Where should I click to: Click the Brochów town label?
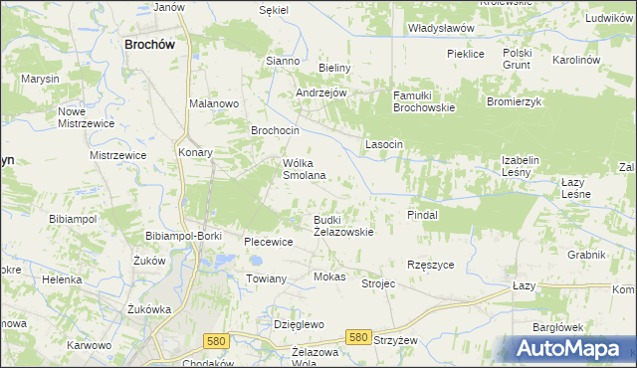tap(149, 44)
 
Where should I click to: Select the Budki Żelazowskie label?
tap(343, 225)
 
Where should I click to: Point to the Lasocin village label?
tap(383, 144)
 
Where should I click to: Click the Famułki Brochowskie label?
tap(424, 100)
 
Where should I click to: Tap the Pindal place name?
tap(423, 214)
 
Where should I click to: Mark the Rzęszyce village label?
tap(431, 265)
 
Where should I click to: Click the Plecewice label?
tap(268, 241)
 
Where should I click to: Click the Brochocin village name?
tap(275, 130)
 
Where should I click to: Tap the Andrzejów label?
tap(320, 92)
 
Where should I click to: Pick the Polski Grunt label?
tap(518, 59)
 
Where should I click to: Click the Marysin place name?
tap(41, 79)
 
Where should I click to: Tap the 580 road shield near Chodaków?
tap(216, 340)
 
